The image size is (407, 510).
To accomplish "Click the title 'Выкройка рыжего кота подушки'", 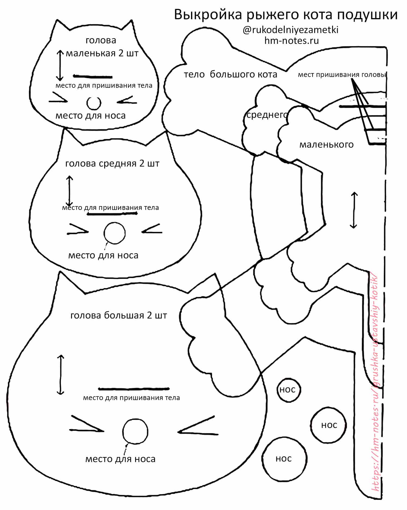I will click(x=285, y=15).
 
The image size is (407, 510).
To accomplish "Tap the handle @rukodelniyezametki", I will click(x=290, y=30).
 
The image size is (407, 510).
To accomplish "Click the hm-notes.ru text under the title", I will click(x=291, y=41).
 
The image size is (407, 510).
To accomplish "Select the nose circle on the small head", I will click(x=94, y=103).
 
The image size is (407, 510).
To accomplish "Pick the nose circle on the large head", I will click(x=135, y=431).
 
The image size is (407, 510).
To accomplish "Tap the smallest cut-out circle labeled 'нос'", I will click(x=288, y=390).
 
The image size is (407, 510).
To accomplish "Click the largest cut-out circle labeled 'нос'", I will click(x=284, y=459).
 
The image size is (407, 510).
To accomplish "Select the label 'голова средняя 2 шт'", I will click(x=112, y=164).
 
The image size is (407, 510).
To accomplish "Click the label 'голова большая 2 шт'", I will click(x=119, y=315).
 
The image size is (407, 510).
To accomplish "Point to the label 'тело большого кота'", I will click(x=230, y=74).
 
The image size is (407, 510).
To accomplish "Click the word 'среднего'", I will click(x=266, y=115).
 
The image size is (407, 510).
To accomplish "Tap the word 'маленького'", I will click(x=326, y=144).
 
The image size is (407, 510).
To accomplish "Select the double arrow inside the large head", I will click(x=61, y=375).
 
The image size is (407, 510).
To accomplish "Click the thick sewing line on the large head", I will click(x=134, y=389).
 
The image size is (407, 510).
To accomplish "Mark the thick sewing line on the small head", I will click(x=93, y=77).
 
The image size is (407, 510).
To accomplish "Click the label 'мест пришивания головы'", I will click(x=342, y=74).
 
